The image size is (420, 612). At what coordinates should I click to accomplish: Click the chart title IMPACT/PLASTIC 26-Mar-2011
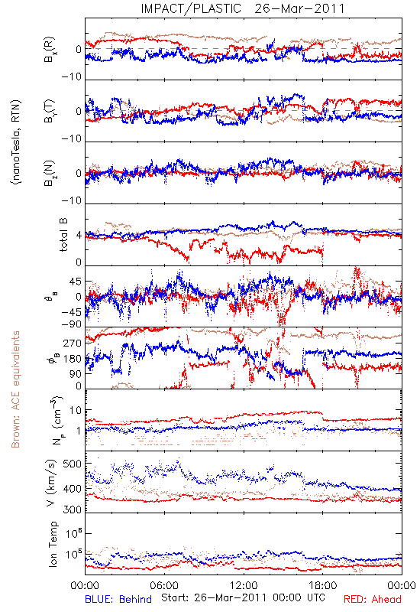(x=243, y=8)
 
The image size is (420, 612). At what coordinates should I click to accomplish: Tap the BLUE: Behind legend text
(x=118, y=600)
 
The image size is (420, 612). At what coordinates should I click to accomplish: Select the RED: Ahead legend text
(x=372, y=600)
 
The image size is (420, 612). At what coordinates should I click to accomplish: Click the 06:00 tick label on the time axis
(x=164, y=585)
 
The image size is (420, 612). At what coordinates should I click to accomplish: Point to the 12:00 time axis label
(x=244, y=585)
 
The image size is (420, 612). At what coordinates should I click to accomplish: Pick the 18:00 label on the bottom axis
(x=322, y=585)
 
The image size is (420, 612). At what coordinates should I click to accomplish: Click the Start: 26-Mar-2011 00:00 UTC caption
(x=243, y=597)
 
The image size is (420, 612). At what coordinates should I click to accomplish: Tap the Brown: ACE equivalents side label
(x=15, y=389)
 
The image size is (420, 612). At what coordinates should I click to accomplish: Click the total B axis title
(x=63, y=235)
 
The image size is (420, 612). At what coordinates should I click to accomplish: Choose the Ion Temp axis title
(x=53, y=544)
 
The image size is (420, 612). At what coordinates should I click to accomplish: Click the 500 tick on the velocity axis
(x=73, y=464)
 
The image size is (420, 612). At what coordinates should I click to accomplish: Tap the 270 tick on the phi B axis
(x=73, y=343)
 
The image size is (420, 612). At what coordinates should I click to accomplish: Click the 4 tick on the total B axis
(x=79, y=236)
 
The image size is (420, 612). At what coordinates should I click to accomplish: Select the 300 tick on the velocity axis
(x=73, y=509)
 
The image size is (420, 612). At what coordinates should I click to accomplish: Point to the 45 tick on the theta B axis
(x=76, y=282)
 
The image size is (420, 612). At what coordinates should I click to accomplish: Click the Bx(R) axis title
(x=50, y=49)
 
